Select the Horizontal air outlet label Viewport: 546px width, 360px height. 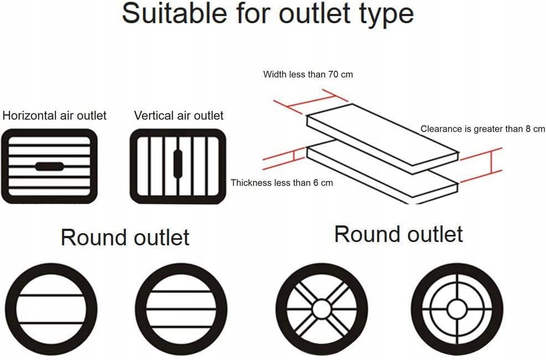54,116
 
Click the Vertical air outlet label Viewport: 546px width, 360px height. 179,116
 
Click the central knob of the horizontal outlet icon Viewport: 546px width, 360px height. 49,166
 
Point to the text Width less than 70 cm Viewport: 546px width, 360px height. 308,74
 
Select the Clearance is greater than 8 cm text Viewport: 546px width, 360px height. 483,129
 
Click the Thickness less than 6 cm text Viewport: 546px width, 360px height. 282,183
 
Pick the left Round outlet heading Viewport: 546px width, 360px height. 125,238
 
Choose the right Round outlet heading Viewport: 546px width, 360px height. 398,234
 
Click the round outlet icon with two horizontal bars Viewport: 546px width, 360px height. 51,309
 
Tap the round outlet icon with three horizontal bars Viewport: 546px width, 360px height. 181,309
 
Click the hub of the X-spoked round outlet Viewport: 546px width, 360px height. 321,308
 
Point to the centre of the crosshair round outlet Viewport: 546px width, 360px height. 457,309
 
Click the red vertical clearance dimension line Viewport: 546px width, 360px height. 492,163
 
